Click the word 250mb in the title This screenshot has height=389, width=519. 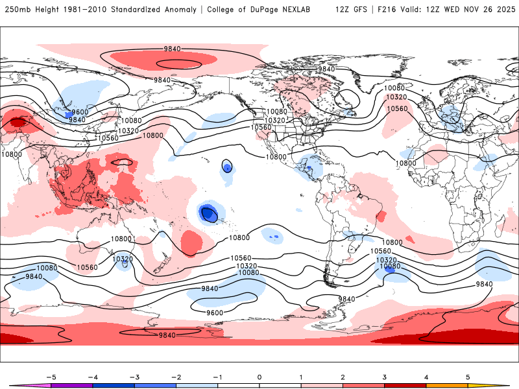pos(18,10)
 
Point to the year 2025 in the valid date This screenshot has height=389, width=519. pos(502,10)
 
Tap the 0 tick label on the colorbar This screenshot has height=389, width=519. pos(259,376)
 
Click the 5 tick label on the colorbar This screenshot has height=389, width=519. pos(468,376)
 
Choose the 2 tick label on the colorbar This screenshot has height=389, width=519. pos(343,376)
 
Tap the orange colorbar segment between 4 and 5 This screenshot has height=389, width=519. pos(446,386)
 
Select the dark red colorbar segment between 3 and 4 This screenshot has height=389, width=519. pos(405,386)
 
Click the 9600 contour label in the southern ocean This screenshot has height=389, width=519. pos(214,312)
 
